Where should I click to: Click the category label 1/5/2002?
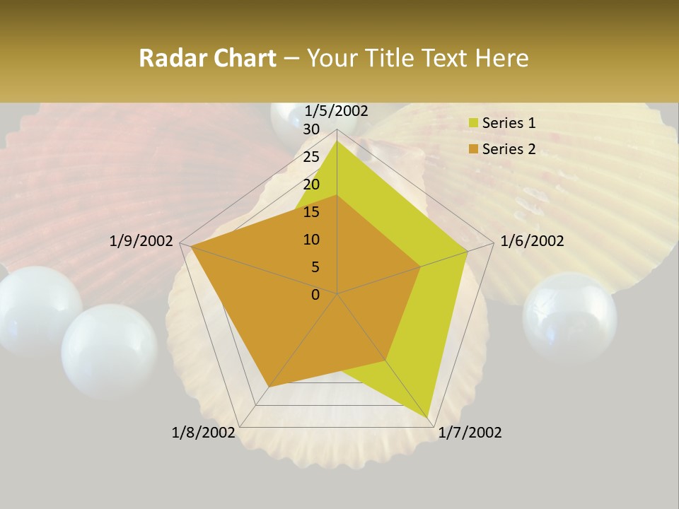pyautogui.click(x=337, y=111)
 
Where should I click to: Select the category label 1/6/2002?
pyautogui.click(x=532, y=241)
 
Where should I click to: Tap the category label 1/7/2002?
pyautogui.click(x=470, y=433)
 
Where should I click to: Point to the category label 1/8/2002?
pyautogui.click(x=203, y=433)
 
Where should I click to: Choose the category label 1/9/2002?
pyautogui.click(x=141, y=241)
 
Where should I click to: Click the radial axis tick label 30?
pyautogui.click(x=311, y=129)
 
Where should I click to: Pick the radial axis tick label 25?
pyautogui.click(x=311, y=157)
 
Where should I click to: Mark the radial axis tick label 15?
pyautogui.click(x=311, y=212)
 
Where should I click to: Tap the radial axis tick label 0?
pyautogui.click(x=315, y=295)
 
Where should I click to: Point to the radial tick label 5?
pyautogui.click(x=315, y=267)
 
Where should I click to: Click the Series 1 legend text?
pyautogui.click(x=509, y=123)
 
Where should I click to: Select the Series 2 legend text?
pyautogui.click(x=509, y=149)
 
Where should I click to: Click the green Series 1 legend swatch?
pyautogui.click(x=472, y=123)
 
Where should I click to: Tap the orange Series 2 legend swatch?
pyautogui.click(x=472, y=149)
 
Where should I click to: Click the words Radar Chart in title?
pyautogui.click(x=207, y=58)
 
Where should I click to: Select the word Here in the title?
pyautogui.click(x=503, y=58)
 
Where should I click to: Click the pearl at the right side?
pyautogui.click(x=569, y=317)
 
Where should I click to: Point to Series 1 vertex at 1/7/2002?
pyautogui.click(x=429, y=417)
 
